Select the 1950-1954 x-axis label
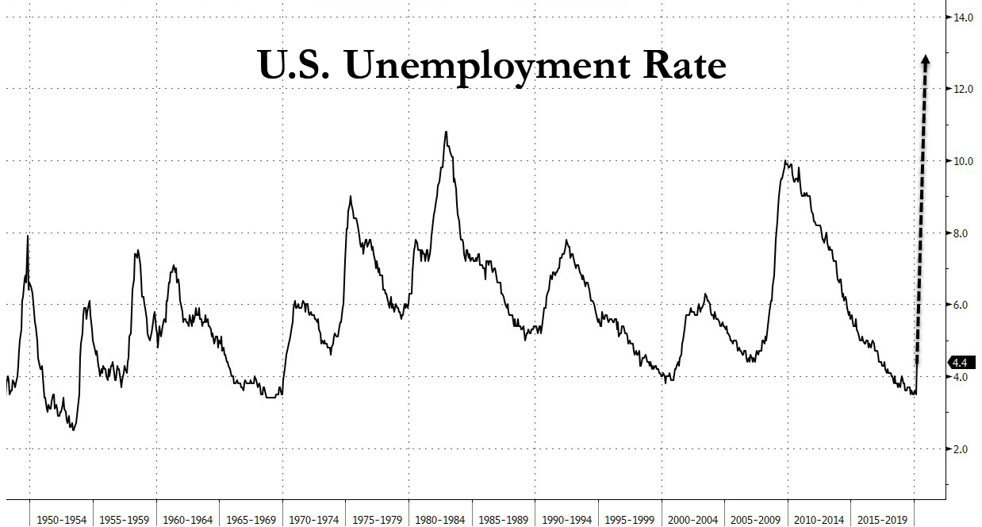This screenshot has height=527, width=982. point(60,520)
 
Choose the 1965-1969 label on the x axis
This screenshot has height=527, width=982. point(251,520)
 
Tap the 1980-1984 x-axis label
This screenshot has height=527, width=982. point(440,520)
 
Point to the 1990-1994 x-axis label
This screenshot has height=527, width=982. point(566,520)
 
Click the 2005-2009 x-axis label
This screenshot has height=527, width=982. point(756,520)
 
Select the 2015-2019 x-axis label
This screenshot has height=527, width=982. point(882,520)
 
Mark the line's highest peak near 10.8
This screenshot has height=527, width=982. point(446,132)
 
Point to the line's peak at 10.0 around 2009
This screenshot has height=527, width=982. point(784,162)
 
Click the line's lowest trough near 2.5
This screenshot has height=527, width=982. point(73,429)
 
